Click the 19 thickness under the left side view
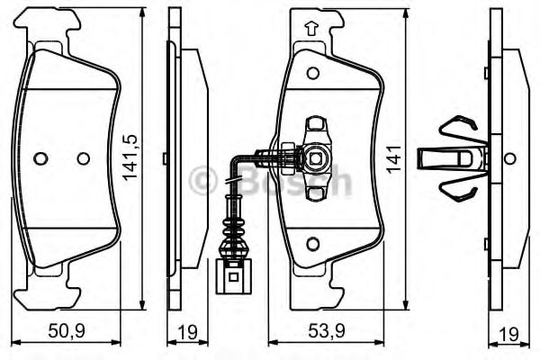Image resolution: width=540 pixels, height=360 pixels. [x=188, y=333]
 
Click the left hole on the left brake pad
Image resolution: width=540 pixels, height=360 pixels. [x=39, y=158]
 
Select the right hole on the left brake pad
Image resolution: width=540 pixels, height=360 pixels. [x=84, y=158]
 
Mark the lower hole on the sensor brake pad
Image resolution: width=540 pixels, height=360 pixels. [x=312, y=244]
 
